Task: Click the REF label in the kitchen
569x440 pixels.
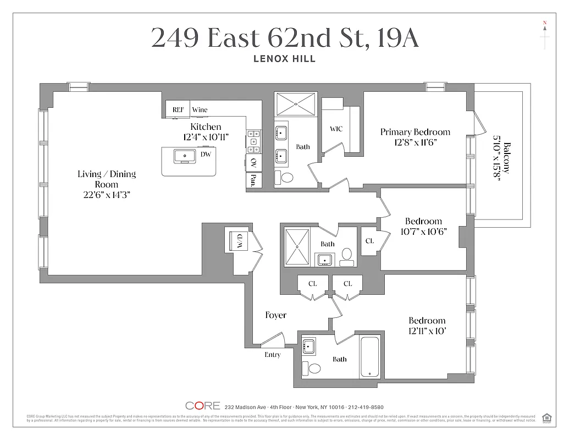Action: tap(178, 109)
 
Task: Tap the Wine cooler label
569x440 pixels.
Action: tap(200, 109)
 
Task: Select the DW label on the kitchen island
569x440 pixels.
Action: tap(206, 155)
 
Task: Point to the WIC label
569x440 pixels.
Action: tap(336, 129)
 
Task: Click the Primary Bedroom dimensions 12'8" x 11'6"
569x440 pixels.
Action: tap(416, 142)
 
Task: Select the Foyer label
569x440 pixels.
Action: tap(275, 315)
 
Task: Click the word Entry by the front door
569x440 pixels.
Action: tap(272, 355)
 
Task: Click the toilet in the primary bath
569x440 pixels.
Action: tap(288, 178)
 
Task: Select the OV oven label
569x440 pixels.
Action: tap(253, 162)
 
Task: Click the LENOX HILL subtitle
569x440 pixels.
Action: tap(284, 59)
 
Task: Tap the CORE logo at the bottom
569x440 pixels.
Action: tap(202, 406)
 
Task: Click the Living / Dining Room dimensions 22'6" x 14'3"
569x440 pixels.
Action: tap(107, 194)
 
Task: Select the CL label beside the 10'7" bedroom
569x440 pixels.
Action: tap(369, 241)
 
